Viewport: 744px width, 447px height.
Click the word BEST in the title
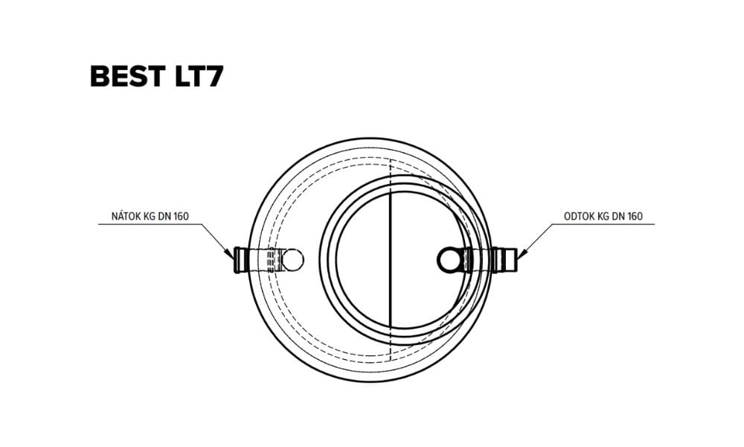click(x=128, y=76)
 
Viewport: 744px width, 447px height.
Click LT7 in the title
click(x=199, y=76)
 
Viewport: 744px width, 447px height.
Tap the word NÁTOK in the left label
click(x=126, y=216)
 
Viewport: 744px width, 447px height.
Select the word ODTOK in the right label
click(x=579, y=216)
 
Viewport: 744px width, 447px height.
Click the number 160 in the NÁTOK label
click(x=182, y=217)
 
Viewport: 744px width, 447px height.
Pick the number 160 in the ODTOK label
click(x=635, y=217)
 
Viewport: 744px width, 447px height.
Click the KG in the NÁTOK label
click(x=149, y=217)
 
